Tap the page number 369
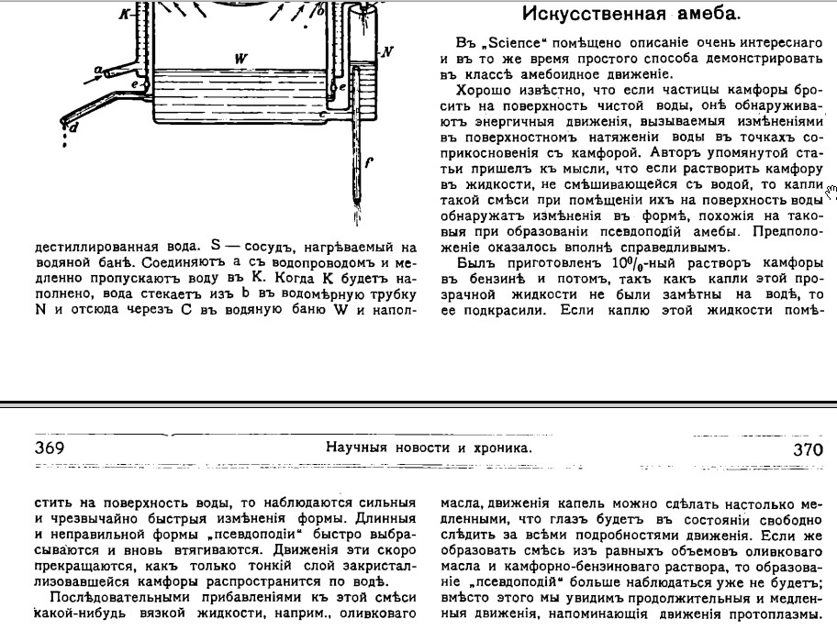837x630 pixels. tap(49, 448)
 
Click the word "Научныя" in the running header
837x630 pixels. tap(357, 448)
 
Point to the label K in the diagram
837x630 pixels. tap(124, 15)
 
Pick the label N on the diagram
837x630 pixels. tap(387, 51)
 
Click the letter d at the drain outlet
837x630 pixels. tap(73, 128)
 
